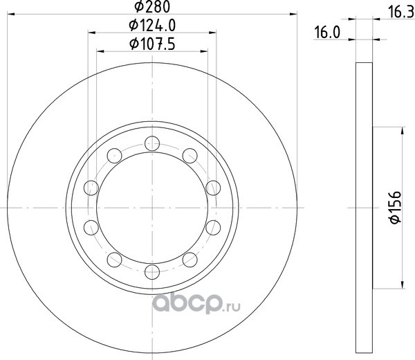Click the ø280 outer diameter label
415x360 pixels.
point(152,6)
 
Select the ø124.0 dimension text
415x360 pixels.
point(152,26)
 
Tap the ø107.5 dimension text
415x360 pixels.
point(152,44)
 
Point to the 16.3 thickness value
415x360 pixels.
point(400,12)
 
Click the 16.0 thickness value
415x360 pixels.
point(327,33)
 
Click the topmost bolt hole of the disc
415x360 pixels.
point(152,143)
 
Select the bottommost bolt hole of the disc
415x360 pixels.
point(152,271)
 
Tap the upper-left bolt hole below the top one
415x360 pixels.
point(114,156)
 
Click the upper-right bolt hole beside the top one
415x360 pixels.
point(190,156)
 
